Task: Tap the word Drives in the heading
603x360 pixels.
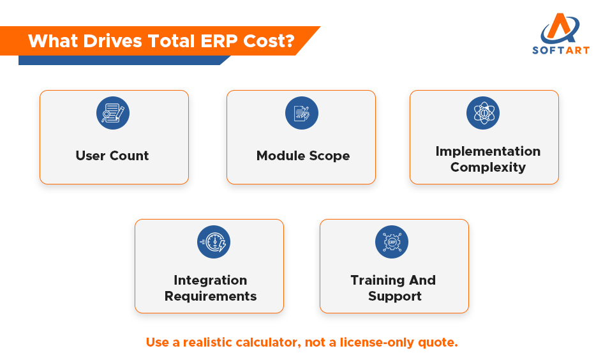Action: pos(112,41)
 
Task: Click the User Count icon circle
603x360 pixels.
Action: pos(113,114)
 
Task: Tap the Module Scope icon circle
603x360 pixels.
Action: pos(301,114)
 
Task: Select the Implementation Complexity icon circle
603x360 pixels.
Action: pos(483,114)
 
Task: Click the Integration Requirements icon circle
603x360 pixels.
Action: pos(214,242)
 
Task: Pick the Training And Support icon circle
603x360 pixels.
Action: pos(392,242)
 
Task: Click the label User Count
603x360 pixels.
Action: pos(112,156)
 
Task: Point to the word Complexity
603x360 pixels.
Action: pos(488,167)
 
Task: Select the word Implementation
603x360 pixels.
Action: pos(488,151)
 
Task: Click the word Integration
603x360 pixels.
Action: pos(210,280)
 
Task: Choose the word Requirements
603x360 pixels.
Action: pos(211,296)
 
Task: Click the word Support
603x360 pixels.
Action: pos(395,296)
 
